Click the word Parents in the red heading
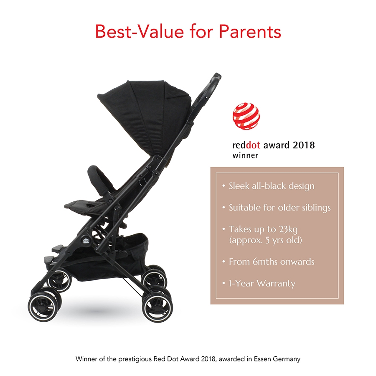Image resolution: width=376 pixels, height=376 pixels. (x=250, y=31)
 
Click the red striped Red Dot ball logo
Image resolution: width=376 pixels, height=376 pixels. (x=246, y=116)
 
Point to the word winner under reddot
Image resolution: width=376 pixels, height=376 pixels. (x=245, y=155)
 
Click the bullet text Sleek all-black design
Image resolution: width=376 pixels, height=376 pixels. (x=272, y=186)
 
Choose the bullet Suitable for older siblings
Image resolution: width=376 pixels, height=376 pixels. (x=279, y=208)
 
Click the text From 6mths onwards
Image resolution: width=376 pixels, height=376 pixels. (x=272, y=262)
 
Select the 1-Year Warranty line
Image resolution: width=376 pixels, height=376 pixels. (x=262, y=283)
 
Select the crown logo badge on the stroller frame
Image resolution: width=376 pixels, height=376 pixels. (x=86, y=241)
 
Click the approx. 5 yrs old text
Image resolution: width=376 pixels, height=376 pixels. (x=265, y=240)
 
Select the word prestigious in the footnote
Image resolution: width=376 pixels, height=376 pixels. (x=135, y=359)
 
